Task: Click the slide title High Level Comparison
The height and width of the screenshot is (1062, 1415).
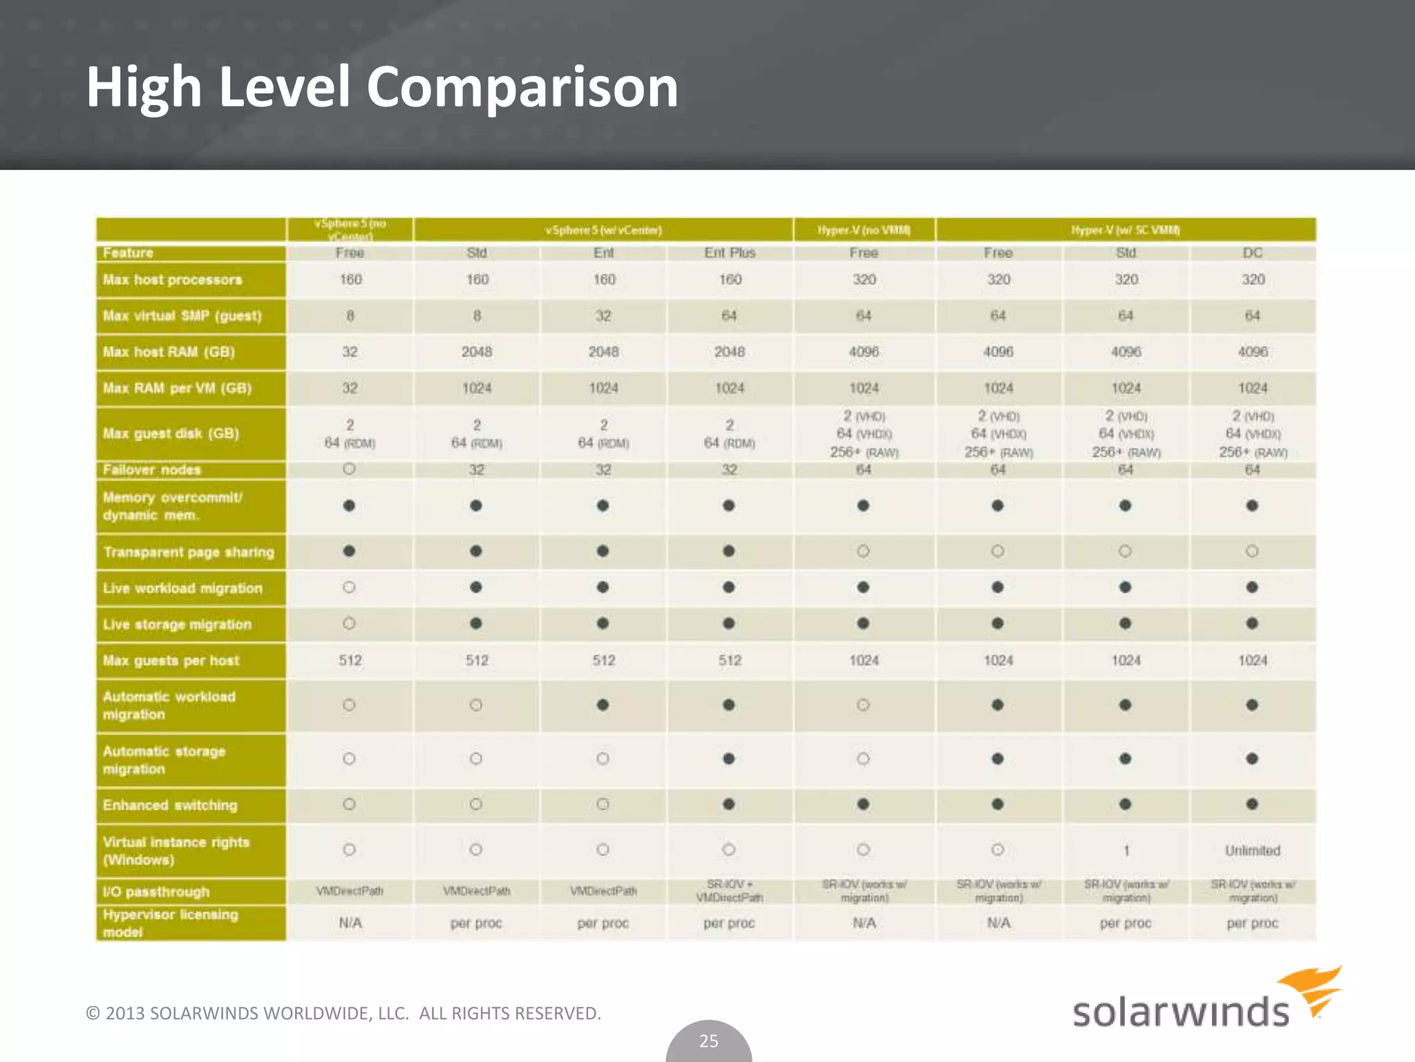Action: tap(382, 87)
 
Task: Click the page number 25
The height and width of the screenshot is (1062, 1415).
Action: tap(709, 1041)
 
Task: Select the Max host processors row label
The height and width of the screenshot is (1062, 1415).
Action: tap(173, 280)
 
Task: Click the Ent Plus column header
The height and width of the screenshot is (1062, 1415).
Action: tap(730, 253)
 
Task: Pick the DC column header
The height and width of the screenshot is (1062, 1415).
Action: tap(1252, 253)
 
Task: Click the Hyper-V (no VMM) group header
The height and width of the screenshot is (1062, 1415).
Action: tap(864, 230)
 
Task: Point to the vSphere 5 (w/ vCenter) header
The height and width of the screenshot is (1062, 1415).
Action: tap(603, 230)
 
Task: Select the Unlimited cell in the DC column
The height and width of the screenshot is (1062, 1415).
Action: tap(1252, 850)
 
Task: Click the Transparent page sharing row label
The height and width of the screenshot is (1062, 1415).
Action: tap(189, 552)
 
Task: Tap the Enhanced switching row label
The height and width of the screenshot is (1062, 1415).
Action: tap(170, 805)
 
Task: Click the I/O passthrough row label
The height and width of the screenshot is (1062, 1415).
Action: tap(156, 892)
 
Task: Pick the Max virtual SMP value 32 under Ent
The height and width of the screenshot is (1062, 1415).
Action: tap(603, 316)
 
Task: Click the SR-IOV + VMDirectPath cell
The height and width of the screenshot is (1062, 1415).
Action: tap(730, 891)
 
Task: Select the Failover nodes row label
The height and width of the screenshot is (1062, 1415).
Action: tap(152, 470)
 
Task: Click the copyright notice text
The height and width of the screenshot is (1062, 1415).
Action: tap(343, 1014)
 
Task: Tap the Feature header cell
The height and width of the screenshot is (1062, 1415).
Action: tap(129, 253)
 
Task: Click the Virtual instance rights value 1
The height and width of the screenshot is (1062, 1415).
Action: tap(1126, 851)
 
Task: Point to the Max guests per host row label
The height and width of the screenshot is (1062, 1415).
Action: tap(171, 661)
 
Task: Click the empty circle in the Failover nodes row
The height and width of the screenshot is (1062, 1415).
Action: tap(349, 469)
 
